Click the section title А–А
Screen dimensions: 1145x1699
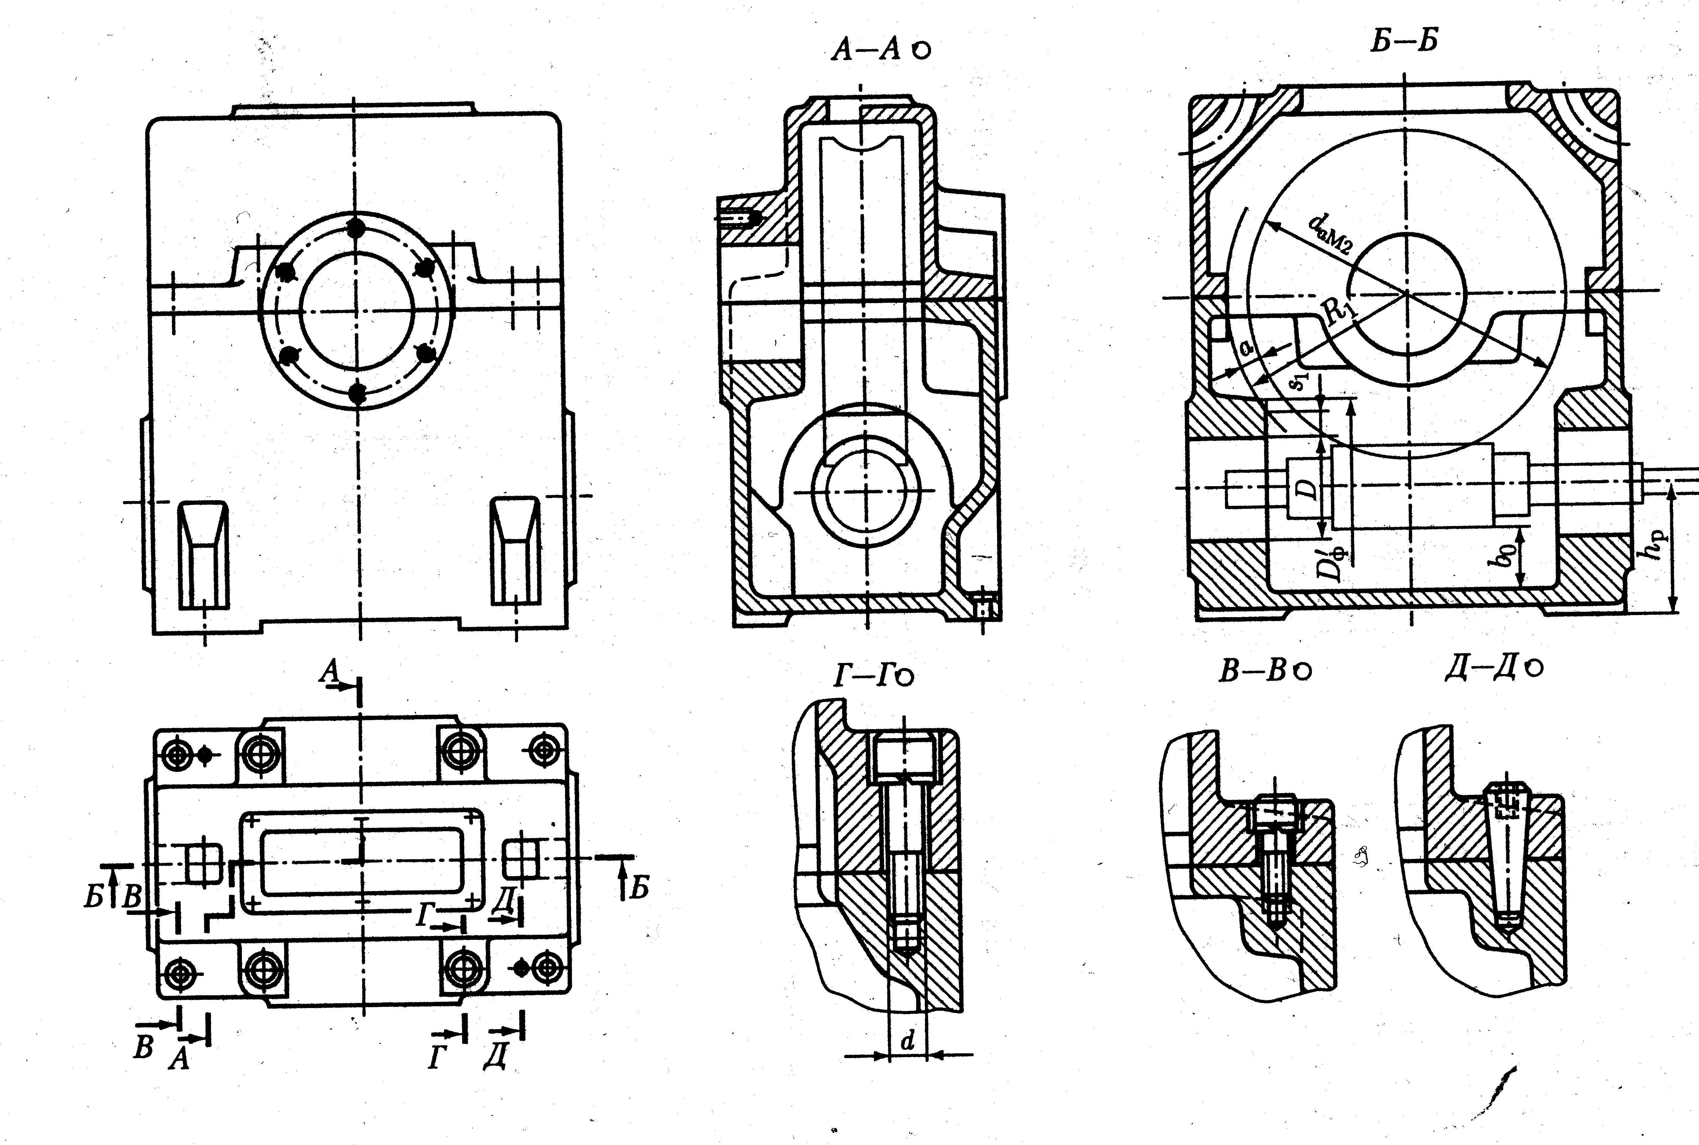click(869, 50)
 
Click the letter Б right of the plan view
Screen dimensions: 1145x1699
click(639, 889)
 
